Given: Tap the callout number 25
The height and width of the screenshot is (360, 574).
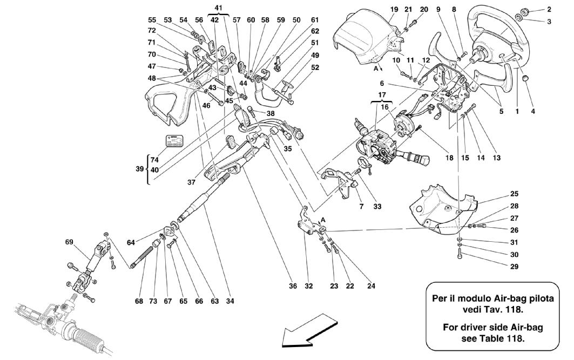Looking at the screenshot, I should tap(514, 193).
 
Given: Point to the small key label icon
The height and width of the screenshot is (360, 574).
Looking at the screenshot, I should tap(174, 142).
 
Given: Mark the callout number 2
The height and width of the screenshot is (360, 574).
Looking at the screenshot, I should tap(549, 9).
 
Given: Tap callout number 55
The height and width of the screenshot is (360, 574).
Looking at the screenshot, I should tap(152, 20).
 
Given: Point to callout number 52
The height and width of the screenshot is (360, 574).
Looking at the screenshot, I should tap(314, 67).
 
